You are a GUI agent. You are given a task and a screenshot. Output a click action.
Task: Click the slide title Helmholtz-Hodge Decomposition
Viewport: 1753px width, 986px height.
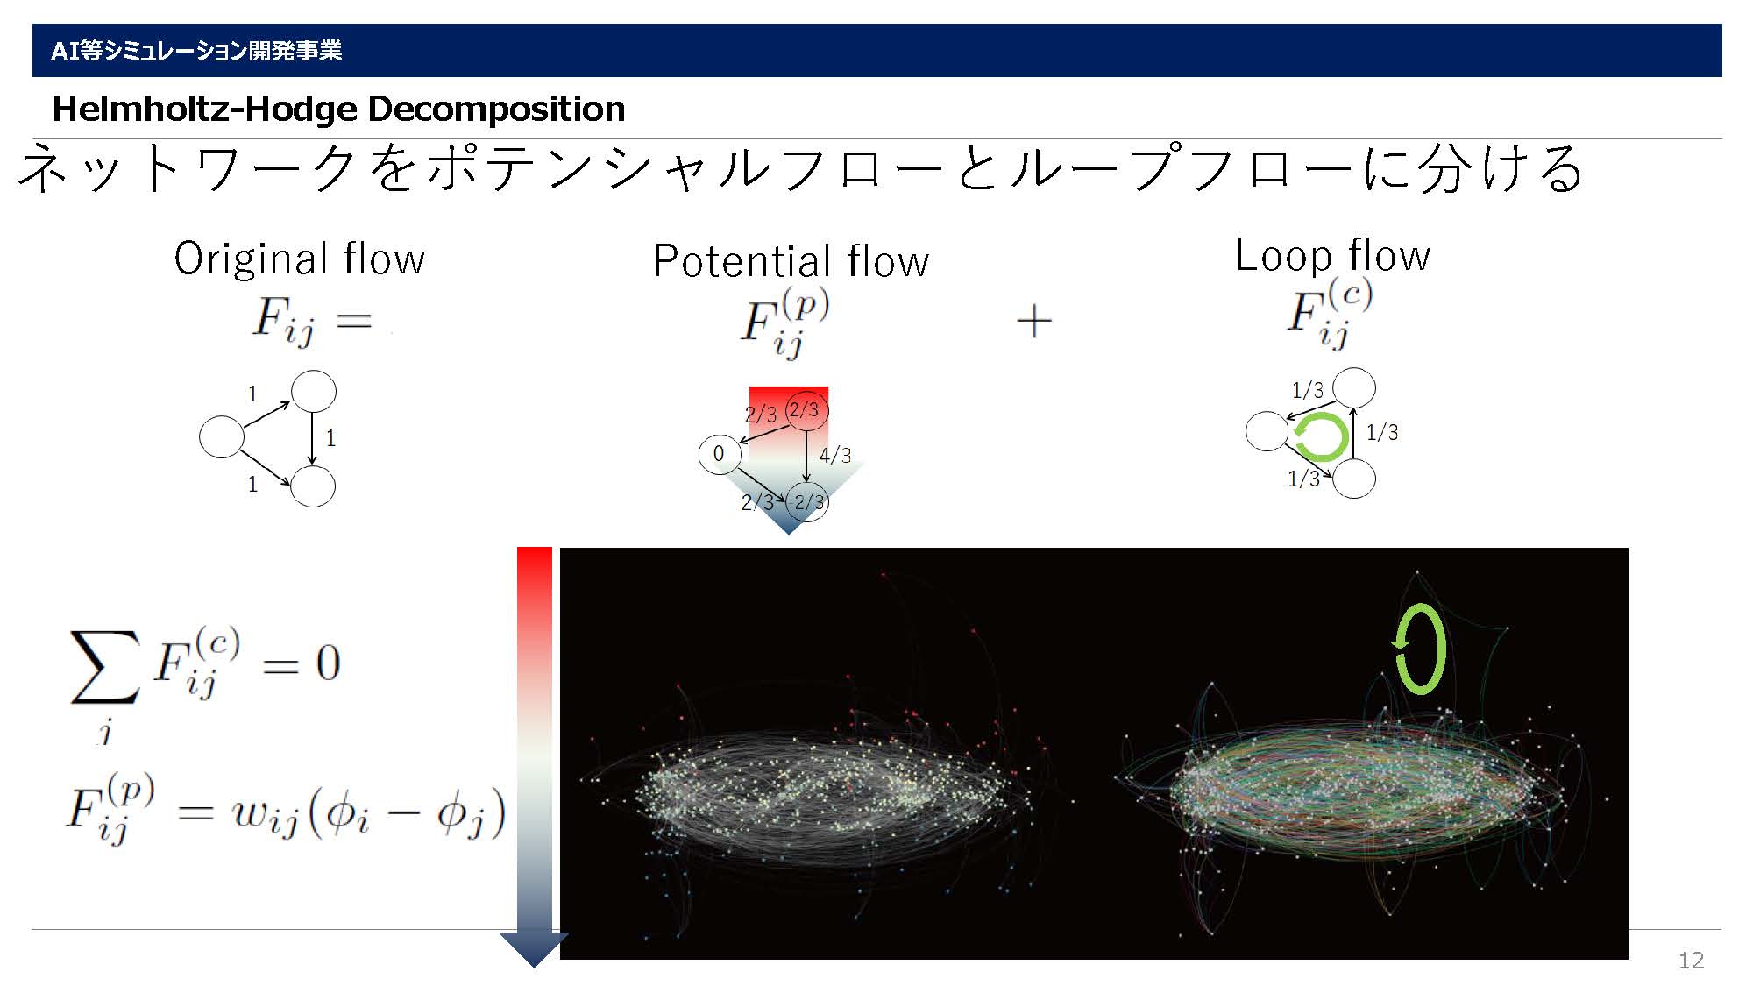tap(338, 109)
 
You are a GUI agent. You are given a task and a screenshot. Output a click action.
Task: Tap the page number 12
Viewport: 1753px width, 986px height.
tap(1691, 961)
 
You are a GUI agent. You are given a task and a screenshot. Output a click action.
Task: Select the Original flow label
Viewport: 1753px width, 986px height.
tap(300, 259)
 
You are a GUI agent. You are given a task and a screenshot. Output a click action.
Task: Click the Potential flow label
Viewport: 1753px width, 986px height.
tap(791, 261)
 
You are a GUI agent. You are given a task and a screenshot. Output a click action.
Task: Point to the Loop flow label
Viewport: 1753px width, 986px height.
tap(1332, 255)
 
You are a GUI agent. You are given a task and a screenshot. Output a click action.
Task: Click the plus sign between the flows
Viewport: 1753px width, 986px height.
tap(1034, 321)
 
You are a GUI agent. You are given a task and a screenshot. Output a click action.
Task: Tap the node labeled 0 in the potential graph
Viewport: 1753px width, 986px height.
tap(720, 454)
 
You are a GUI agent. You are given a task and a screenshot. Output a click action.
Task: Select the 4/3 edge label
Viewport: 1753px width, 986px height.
tap(834, 455)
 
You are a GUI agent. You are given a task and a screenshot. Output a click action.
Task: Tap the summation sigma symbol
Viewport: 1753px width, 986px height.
tap(104, 667)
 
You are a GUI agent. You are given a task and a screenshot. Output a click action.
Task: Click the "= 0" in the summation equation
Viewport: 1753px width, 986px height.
tap(302, 663)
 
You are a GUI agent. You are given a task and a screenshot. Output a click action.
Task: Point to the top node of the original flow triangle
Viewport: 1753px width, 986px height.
tap(313, 391)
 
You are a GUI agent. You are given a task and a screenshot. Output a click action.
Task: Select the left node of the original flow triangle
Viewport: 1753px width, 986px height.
tap(222, 436)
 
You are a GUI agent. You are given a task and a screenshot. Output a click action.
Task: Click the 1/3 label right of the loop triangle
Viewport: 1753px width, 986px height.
tap(1382, 432)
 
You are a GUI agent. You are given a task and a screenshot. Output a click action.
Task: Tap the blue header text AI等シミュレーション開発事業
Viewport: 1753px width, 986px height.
tap(196, 51)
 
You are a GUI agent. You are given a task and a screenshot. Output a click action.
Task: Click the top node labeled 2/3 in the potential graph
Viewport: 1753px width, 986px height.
tap(806, 410)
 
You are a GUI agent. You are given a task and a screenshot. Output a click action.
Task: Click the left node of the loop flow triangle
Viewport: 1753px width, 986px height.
tap(1267, 431)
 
